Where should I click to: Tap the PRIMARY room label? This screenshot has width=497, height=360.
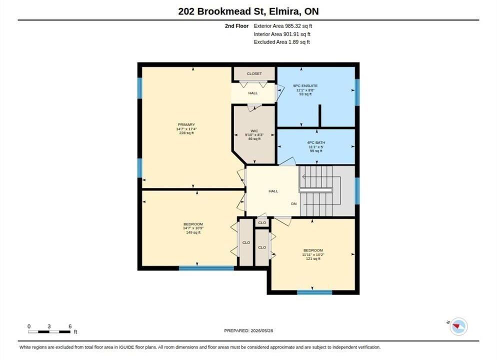(x=186, y=124)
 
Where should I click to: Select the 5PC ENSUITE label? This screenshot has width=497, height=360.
(x=305, y=85)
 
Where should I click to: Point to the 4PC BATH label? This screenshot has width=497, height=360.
(x=316, y=142)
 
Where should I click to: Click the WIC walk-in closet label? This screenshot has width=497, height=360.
(x=254, y=131)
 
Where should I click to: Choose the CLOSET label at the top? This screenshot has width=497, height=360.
(x=254, y=73)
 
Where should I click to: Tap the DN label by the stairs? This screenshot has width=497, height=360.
(x=294, y=204)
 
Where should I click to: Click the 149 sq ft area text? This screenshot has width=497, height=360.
(x=193, y=232)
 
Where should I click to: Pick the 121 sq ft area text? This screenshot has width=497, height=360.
(x=313, y=258)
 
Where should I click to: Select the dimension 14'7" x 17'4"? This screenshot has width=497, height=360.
(x=186, y=129)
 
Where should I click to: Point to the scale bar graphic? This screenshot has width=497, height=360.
(x=49, y=332)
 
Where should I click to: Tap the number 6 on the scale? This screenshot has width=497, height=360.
(x=70, y=326)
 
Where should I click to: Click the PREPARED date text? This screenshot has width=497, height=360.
(x=248, y=330)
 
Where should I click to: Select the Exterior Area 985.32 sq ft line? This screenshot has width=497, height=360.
(x=283, y=26)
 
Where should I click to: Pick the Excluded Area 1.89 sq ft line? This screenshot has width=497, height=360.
(x=282, y=42)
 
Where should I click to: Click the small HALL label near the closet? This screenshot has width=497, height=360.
(x=253, y=93)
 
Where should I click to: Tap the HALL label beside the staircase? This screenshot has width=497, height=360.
(x=273, y=191)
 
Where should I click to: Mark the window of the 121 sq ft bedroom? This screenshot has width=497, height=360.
(x=314, y=292)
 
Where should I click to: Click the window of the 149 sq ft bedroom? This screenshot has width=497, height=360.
(x=206, y=268)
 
